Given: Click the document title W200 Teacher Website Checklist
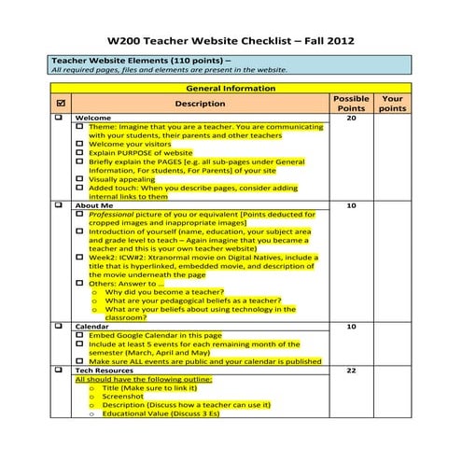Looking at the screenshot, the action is pyautogui.click(x=231, y=41).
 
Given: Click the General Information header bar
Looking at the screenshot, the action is pyautogui.click(x=231, y=88).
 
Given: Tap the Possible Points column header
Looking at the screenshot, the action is pyautogui.click(x=351, y=103).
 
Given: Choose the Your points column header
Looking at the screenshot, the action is pyautogui.click(x=393, y=103).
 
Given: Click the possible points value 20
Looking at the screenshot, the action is pyautogui.click(x=351, y=119).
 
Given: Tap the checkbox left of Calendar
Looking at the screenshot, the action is pyautogui.click(x=61, y=327).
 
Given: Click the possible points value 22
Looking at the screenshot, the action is pyautogui.click(x=351, y=371).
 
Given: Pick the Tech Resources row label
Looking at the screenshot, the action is pyautogui.click(x=105, y=371).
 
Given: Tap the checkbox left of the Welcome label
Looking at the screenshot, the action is pyautogui.click(x=61, y=119).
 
